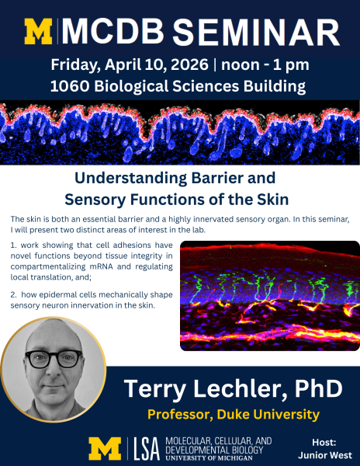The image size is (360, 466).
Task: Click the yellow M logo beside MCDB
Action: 38,32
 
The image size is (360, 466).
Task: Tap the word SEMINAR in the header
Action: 256,32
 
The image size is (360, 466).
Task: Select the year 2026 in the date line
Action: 189,64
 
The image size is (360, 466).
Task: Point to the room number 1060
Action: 70,86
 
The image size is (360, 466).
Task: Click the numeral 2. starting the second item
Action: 13,295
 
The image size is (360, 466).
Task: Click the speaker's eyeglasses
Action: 54,358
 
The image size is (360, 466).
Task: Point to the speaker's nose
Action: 53,370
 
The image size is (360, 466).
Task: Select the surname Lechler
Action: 239,388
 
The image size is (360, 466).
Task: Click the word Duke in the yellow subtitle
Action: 232,414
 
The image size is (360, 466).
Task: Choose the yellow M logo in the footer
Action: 105,449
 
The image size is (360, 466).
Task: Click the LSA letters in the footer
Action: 147,449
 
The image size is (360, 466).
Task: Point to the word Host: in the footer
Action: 324,443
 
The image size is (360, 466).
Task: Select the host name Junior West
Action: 325,455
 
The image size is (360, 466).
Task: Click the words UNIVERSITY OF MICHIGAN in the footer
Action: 209,458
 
